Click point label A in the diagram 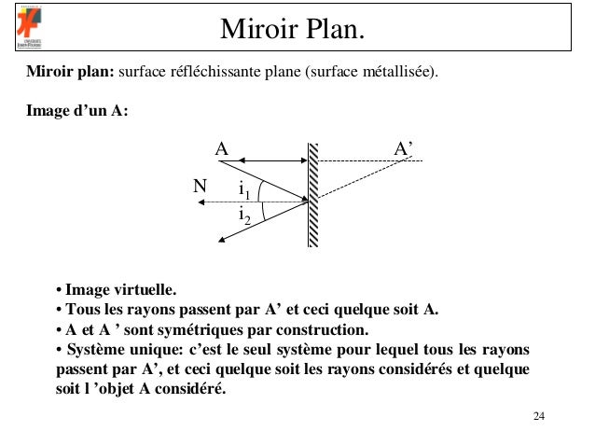(221, 148)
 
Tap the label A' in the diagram (405, 148)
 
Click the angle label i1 (244, 190)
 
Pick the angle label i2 (244, 218)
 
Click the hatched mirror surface (313, 196)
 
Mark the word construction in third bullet (326, 330)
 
